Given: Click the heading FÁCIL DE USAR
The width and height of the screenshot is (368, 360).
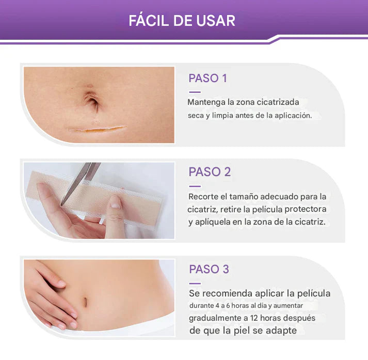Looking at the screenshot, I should (x=182, y=21).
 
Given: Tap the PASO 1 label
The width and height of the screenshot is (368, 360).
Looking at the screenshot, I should (x=207, y=79).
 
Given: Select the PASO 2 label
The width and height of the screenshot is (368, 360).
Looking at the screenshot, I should (x=210, y=172).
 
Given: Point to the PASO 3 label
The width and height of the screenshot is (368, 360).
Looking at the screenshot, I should (x=209, y=269).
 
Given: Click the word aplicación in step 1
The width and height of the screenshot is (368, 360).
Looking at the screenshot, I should (x=293, y=116).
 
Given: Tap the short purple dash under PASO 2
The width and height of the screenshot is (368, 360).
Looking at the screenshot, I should (x=195, y=186).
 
